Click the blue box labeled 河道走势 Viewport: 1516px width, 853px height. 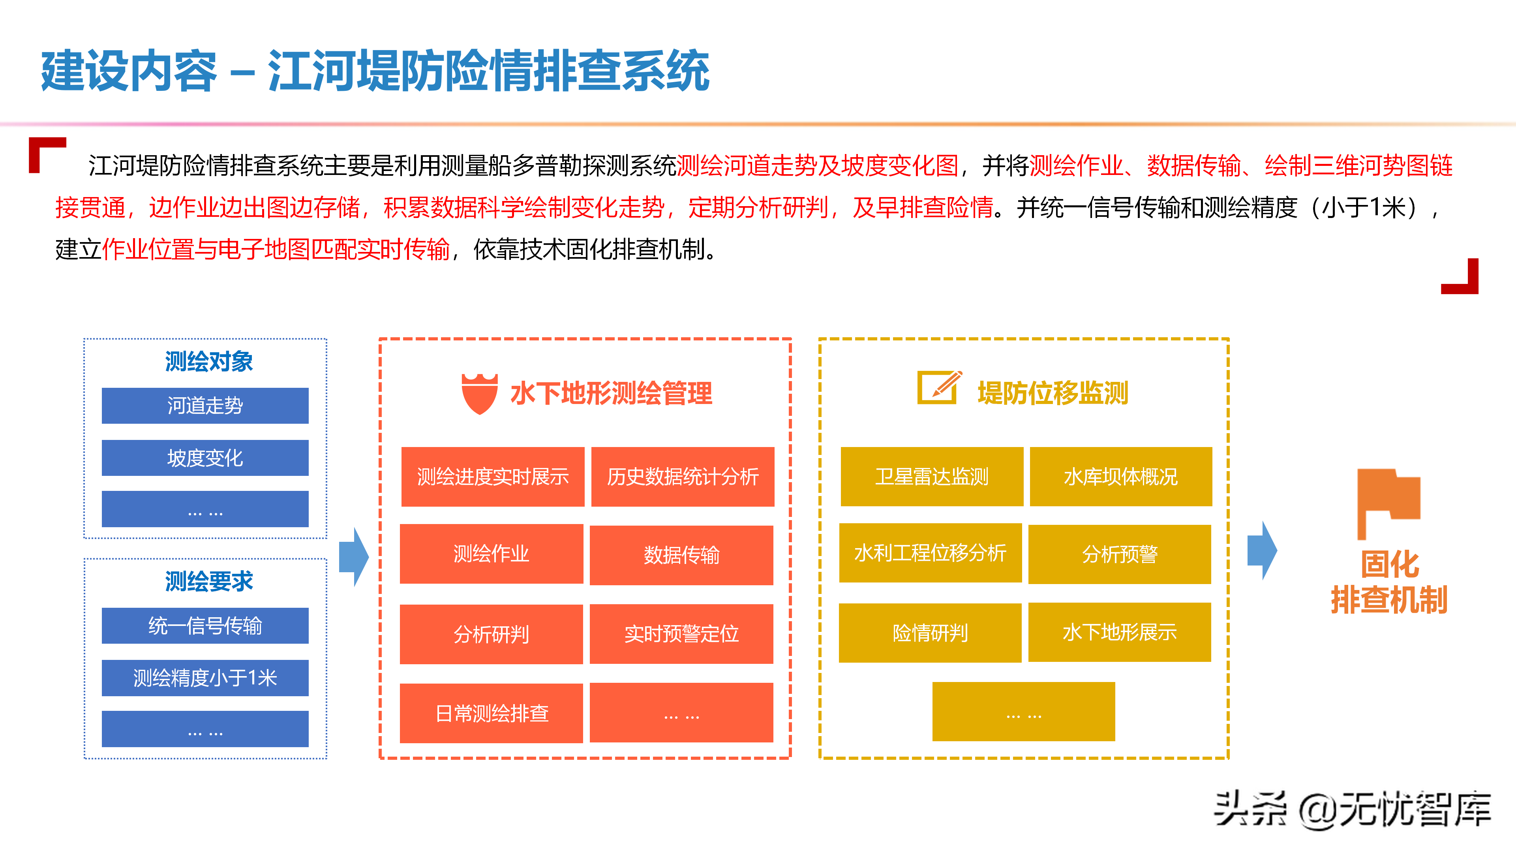pyautogui.click(x=205, y=406)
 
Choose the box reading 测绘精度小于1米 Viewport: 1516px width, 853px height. pyautogui.click(x=205, y=678)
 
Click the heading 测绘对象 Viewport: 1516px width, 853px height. pyautogui.click(x=208, y=361)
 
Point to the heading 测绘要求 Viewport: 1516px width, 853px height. pyautogui.click(x=208, y=582)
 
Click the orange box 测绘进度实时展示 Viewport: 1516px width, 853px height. pyautogui.click(x=493, y=476)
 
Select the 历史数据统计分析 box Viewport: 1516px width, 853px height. pyautogui.click(x=683, y=476)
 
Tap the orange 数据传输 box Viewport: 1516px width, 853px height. pyautogui.click(x=681, y=554)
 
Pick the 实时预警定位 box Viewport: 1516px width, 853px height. pyautogui.click(x=681, y=633)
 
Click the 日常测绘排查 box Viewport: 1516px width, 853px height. pyautogui.click(x=492, y=713)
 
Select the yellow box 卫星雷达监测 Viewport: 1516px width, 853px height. pyautogui.click(x=932, y=476)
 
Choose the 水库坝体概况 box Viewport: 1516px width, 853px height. pyautogui.click(x=1120, y=476)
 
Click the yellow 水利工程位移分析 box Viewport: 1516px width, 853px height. pyautogui.click(x=930, y=553)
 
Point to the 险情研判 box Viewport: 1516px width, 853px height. pyautogui.click(x=930, y=633)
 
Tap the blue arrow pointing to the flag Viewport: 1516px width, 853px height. pyautogui.click(x=1262, y=551)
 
